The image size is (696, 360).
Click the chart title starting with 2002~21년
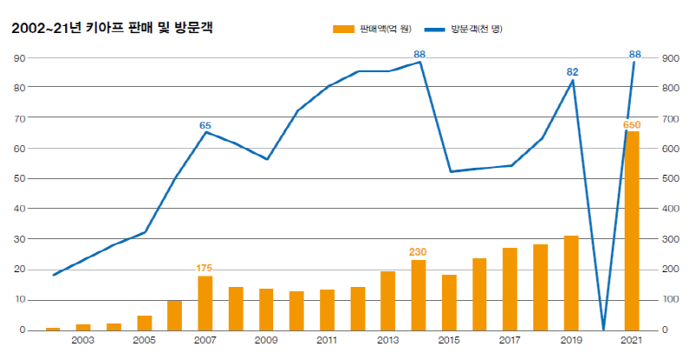(x=111, y=29)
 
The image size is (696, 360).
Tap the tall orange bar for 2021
(x=632, y=230)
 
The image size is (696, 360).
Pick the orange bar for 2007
(x=205, y=303)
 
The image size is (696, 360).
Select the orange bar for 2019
(x=571, y=283)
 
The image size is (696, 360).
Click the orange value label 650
(x=632, y=125)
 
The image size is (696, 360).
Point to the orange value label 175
(x=204, y=268)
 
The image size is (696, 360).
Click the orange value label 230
(x=418, y=252)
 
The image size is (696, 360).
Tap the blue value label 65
(x=205, y=125)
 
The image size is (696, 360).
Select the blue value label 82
(x=572, y=71)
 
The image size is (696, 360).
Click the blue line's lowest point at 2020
(x=602, y=329)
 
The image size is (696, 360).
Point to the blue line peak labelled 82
(x=572, y=81)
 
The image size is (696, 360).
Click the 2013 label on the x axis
(x=388, y=340)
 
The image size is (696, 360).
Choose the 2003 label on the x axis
(x=84, y=340)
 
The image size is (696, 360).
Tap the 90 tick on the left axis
(x=18, y=58)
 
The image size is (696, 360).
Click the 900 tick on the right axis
(x=670, y=58)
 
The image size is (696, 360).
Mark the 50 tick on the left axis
(x=18, y=178)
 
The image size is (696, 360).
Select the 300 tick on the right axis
(x=670, y=239)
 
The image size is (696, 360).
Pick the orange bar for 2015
(x=449, y=302)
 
